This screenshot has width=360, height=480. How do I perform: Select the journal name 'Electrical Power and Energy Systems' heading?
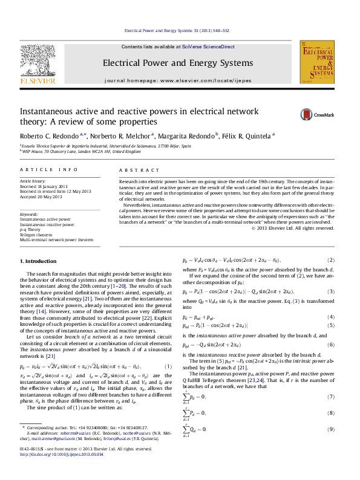click(x=178, y=63)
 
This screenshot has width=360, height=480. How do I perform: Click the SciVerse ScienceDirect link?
click(x=214, y=47)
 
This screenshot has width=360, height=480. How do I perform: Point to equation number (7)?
click(x=331, y=397)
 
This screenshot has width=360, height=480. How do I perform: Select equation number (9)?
click(x=331, y=429)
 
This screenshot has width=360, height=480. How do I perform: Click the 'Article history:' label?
click(x=33, y=181)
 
